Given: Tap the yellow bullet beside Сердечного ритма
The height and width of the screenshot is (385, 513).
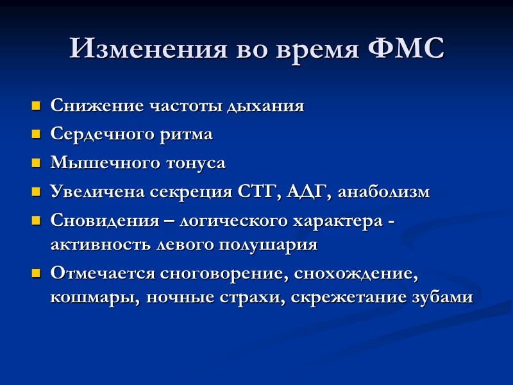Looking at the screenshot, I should point(35,135).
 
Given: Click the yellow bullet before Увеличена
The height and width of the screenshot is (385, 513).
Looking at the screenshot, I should point(35,191).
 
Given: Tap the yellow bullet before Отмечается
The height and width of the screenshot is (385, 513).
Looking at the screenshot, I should point(35,273).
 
